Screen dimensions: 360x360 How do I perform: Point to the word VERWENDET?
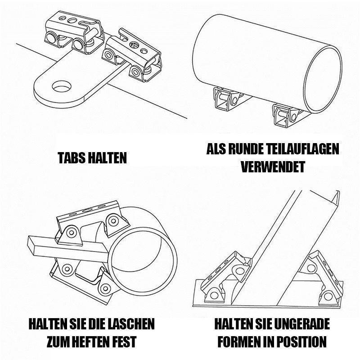pyautogui.click(x=273, y=167)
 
